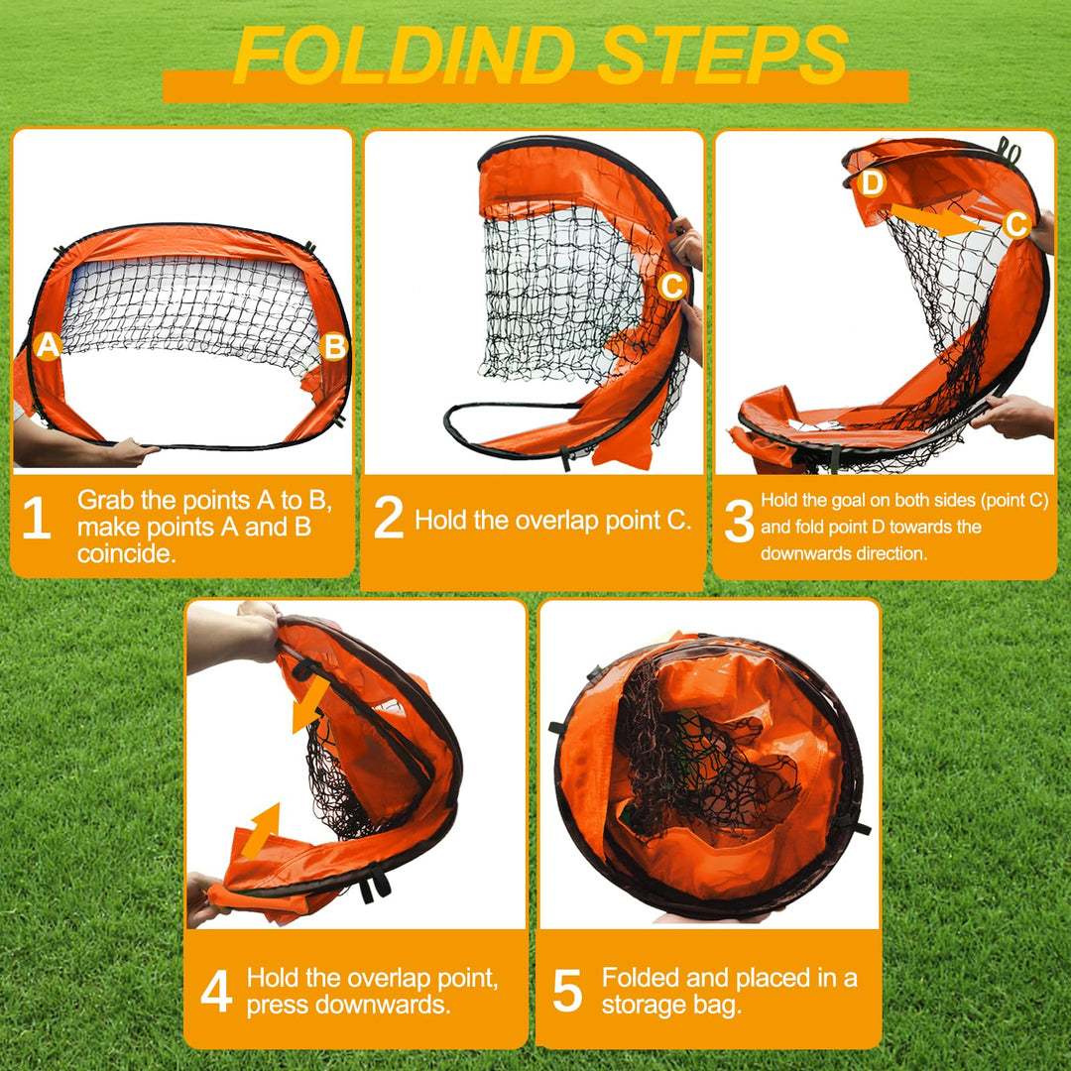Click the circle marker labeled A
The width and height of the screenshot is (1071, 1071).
pyautogui.click(x=48, y=346)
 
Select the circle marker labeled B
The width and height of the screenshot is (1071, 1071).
pyautogui.click(x=335, y=347)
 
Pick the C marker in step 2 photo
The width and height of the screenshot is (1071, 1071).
pyautogui.click(x=671, y=287)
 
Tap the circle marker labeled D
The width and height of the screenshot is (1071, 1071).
pyautogui.click(x=872, y=183)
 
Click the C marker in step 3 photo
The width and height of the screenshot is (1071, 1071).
pyautogui.click(x=1016, y=225)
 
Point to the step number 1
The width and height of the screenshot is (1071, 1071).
pyautogui.click(x=37, y=521)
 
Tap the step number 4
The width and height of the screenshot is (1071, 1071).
pyautogui.click(x=216, y=992)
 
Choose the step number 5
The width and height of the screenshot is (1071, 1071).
pyautogui.click(x=566, y=992)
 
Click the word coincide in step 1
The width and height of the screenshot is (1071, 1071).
pyautogui.click(x=126, y=553)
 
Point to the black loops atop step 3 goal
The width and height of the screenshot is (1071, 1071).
pyautogui.click(x=1010, y=151)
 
